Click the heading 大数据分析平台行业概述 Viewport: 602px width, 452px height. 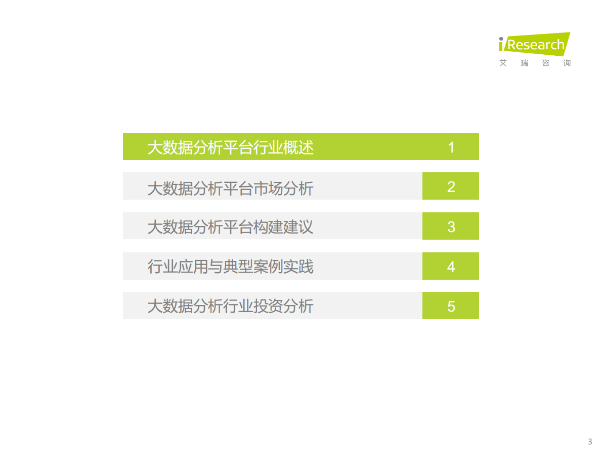230,147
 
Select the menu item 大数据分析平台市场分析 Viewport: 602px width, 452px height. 230,187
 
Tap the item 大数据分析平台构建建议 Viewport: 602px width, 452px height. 230,227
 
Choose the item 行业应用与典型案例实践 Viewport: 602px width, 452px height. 230,267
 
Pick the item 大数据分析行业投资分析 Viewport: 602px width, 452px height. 230,306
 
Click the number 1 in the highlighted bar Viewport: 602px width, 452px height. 451,147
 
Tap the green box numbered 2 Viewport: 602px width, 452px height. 451,186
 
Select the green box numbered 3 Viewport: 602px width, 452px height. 451,227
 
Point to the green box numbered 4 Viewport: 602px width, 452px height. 451,267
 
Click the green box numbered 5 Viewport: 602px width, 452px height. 451,306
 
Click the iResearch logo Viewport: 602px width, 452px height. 534,45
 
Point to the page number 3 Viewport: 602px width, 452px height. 589,441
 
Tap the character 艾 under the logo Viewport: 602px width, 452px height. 503,63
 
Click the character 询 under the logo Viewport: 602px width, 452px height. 567,63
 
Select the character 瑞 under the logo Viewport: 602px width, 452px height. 525,63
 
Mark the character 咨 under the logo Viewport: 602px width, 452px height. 546,63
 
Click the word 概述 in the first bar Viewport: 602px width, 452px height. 298,147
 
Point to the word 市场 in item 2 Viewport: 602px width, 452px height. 269,187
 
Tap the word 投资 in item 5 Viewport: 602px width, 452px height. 269,306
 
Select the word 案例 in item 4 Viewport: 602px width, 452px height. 269,267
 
